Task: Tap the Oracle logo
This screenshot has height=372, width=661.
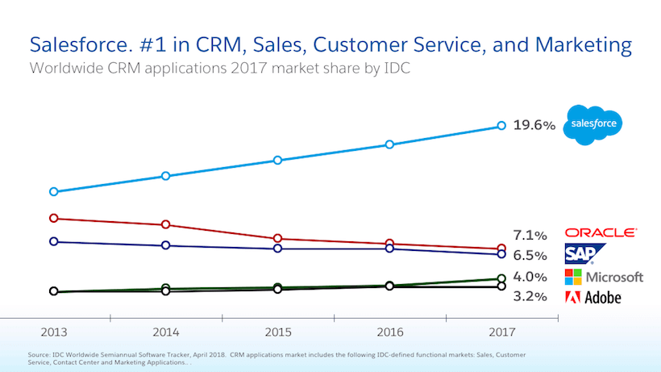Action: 601,232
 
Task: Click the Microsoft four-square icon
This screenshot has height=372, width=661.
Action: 572,277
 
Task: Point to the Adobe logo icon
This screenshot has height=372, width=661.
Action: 572,297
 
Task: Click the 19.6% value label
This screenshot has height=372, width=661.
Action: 534,126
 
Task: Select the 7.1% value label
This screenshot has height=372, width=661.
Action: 530,236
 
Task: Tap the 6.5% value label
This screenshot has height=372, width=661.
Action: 530,256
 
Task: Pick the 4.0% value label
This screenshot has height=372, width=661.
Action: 530,277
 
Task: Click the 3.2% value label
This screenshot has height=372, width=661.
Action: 530,297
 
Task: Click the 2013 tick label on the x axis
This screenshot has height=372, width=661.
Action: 54,332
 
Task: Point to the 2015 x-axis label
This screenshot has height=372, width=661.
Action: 278,332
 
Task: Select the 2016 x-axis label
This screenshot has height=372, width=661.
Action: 389,332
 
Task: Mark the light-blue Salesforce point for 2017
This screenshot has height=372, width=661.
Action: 501,126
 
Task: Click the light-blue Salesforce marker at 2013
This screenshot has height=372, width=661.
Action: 54,192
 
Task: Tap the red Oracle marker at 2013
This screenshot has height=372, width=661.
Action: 54,218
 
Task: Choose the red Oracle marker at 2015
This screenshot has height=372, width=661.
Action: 278,239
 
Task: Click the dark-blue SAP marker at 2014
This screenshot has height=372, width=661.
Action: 165,245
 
